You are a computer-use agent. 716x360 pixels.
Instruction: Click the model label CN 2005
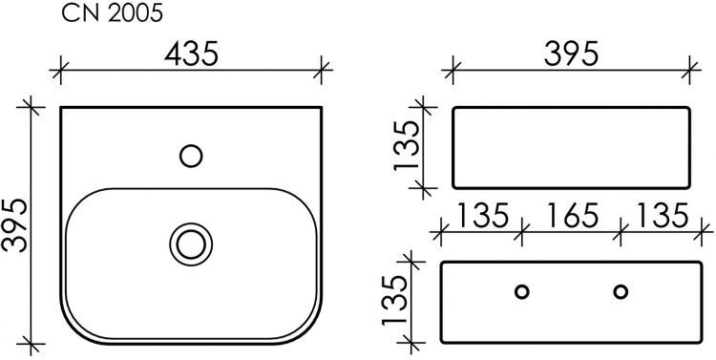[x=112, y=14]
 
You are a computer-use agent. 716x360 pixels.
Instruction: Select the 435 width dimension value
[x=191, y=53]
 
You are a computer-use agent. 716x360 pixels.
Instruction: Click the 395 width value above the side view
[x=571, y=53]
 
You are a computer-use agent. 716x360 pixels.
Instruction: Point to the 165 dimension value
[x=572, y=216]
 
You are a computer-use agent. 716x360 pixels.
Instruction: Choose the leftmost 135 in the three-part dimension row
[x=482, y=216]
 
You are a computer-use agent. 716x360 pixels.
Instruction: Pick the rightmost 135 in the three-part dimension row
[x=663, y=216]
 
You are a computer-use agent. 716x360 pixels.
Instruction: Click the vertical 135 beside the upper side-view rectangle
[x=407, y=146]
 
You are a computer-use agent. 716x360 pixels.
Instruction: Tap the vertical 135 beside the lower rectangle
[x=394, y=301]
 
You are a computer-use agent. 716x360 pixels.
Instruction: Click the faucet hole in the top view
[x=191, y=156]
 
